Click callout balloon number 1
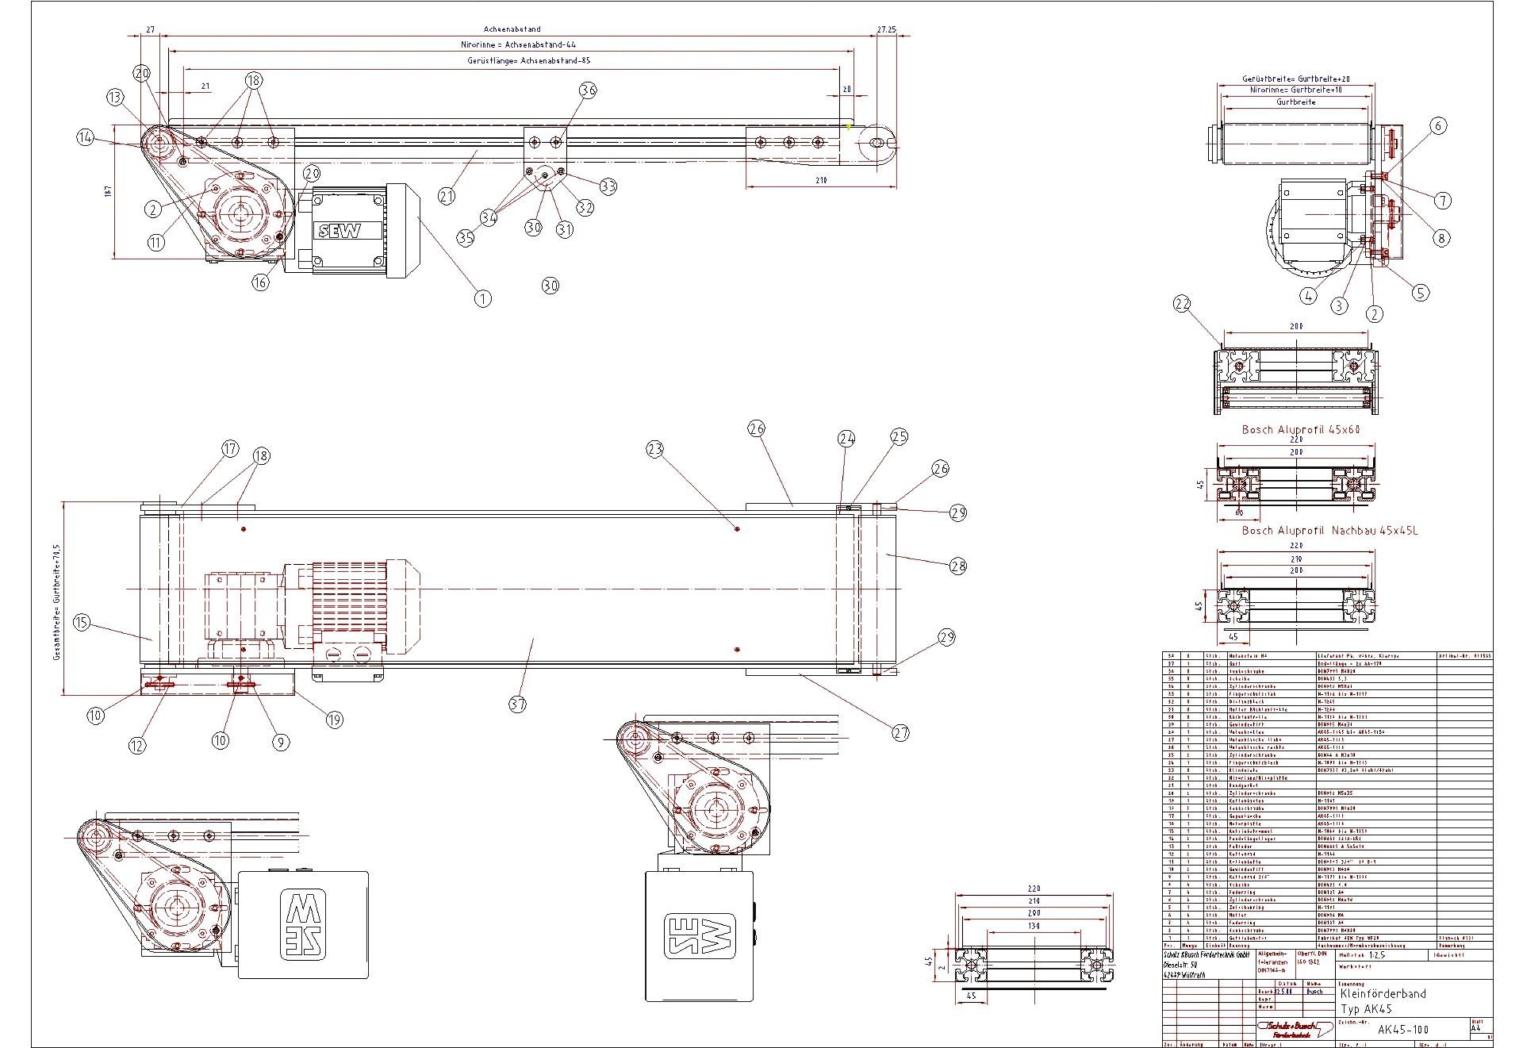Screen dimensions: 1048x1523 click(x=482, y=298)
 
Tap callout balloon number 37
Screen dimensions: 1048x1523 click(x=517, y=704)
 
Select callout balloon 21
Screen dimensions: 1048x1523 click(x=447, y=195)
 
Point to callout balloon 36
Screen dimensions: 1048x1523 click(x=588, y=90)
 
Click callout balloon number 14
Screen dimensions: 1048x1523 click(x=86, y=137)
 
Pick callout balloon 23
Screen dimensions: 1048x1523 click(x=654, y=450)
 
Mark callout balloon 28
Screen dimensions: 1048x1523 click(x=958, y=566)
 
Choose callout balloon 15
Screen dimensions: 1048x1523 click(x=82, y=622)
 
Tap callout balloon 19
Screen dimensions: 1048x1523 click(x=334, y=719)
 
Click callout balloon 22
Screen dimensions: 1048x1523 click(x=1183, y=304)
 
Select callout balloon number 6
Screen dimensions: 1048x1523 click(x=1438, y=125)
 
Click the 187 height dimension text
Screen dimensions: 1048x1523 click(x=108, y=190)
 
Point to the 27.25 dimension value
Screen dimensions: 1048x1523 click(x=886, y=29)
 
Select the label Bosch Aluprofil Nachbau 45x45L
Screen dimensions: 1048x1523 click(x=1329, y=531)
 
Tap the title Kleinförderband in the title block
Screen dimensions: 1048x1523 click(x=1383, y=993)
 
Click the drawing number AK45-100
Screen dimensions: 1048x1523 click(x=1403, y=1030)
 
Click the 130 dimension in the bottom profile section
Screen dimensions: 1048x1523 click(x=1033, y=926)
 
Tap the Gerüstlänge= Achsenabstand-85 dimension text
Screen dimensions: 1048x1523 click(x=529, y=60)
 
